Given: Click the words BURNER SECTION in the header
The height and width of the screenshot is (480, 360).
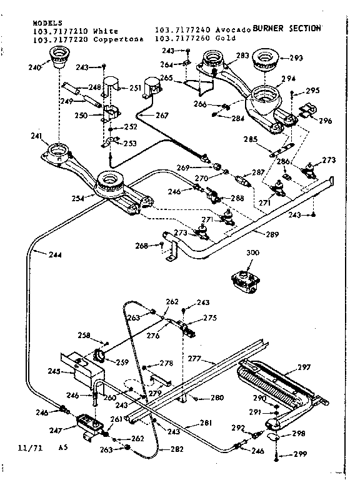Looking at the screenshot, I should pyautogui.click(x=287, y=28).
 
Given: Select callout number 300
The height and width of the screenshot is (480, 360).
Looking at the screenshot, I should pyautogui.click(x=252, y=252).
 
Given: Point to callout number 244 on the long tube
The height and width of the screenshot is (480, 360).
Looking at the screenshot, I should pyautogui.click(x=39, y=254).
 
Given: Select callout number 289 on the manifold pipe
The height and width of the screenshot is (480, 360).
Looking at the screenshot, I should pyautogui.click(x=271, y=236).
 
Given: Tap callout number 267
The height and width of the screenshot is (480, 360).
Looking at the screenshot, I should pyautogui.click(x=161, y=115).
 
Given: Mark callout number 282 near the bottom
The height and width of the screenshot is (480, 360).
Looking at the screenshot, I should pyautogui.click(x=177, y=449).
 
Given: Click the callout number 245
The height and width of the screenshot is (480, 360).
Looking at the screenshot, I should pyautogui.click(x=54, y=372).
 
